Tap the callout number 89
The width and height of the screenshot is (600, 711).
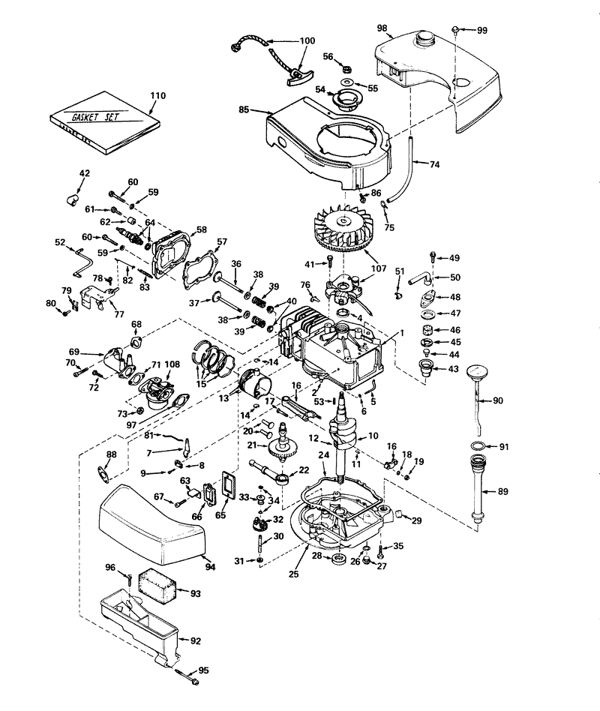coord(503,492)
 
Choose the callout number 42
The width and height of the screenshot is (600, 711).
coord(84,173)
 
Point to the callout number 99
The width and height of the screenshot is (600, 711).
coord(481,30)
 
